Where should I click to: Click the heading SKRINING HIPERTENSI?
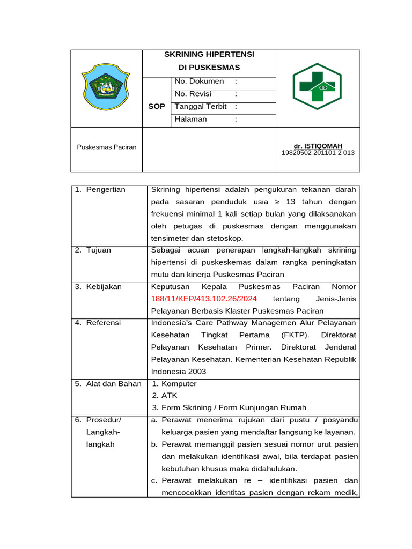coord(209,55)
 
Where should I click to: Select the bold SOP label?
coord(157,107)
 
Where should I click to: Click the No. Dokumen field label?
coord(199,81)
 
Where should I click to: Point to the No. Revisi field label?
coord(193,94)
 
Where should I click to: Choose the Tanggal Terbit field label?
coord(201,107)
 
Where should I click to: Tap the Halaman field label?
coord(190,119)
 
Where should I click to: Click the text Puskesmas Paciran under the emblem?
coord(106,147)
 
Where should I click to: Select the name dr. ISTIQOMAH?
coord(318,146)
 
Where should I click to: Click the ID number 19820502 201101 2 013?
coord(318,153)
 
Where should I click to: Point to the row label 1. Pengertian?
coord(100,189)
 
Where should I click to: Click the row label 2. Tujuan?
coord(93,250)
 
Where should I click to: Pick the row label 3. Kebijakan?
coord(98,286)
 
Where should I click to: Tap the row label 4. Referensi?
coord(98,323)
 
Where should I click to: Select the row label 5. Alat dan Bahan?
coord(108,383)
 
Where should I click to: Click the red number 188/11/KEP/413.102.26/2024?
coord(204,299)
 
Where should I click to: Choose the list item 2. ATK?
coord(161,396)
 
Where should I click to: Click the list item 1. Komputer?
coord(174,384)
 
